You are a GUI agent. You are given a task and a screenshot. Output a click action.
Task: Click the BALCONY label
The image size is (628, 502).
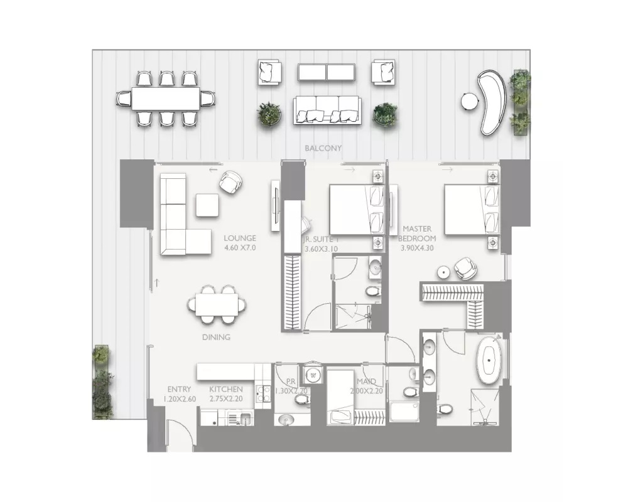click(323, 149)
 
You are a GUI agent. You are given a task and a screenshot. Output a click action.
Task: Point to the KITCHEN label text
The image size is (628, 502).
click(226, 390)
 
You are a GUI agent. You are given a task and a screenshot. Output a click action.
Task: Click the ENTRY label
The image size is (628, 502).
click(179, 390)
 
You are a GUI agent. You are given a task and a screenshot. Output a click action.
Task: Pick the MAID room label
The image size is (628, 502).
click(366, 382)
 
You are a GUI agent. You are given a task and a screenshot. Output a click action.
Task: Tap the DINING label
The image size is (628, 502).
click(217, 337)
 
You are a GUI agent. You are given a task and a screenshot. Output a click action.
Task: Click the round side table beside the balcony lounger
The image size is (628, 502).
click(468, 100)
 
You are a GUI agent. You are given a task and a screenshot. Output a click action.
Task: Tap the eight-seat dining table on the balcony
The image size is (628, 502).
click(166, 99)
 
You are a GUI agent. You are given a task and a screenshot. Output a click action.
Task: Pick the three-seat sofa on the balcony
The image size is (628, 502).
click(327, 109)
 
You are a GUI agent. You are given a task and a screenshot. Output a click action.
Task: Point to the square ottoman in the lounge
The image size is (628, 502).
click(207, 205)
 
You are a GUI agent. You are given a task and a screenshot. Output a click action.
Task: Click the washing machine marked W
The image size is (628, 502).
click(313, 376)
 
